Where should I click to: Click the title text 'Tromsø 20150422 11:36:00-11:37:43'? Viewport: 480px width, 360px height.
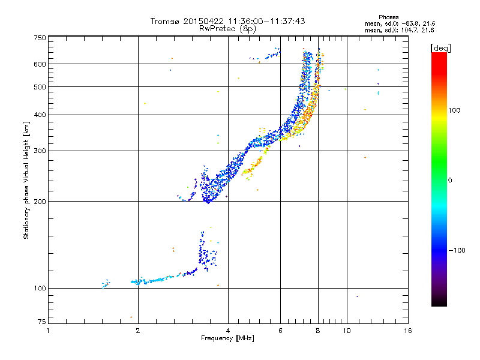click(227, 21)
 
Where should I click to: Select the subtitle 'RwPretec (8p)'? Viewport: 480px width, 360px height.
click(227, 28)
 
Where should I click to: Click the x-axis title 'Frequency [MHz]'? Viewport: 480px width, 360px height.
click(227, 339)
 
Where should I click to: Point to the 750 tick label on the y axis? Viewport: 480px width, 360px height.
click(40, 38)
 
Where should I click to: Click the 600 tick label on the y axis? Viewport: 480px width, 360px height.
click(40, 64)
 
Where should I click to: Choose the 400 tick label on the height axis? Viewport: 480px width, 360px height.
click(40, 115)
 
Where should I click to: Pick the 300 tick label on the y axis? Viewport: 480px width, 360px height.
click(40, 151)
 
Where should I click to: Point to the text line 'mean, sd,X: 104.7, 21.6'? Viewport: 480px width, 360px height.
click(399, 29)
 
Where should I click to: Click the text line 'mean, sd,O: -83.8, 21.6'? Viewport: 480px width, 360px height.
click(399, 23)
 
